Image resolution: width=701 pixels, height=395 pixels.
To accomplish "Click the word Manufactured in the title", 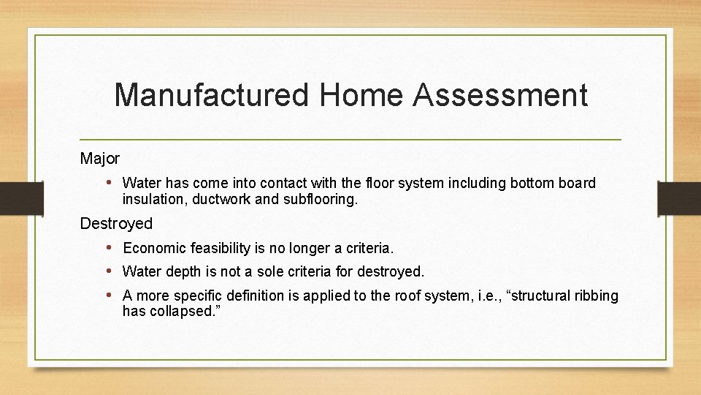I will coord(212,96).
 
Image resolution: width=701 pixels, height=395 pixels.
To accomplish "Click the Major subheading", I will coord(100,158).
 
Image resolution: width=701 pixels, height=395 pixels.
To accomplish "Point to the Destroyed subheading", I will coord(116,223).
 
